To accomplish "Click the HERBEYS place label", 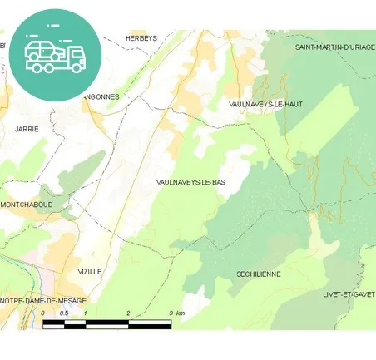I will coord(141,38).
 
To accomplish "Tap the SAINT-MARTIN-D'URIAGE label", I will coord(334,47).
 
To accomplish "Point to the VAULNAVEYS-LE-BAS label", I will coord(190,181).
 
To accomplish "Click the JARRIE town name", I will coord(27,129).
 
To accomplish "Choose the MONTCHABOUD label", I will coord(27,205).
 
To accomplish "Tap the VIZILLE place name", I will coord(89,272).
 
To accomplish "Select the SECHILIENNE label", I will coord(258,274).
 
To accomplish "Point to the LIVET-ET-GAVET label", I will coord(349,294).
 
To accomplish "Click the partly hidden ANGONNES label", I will coord(104,96).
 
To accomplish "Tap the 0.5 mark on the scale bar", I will coord(64,313).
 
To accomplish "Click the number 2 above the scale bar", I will coord(128,313).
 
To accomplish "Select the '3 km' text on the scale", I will coord(176,313).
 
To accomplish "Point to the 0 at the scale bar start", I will coord(43,313).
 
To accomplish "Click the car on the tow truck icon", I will coord(41,50).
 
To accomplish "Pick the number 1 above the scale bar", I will coord(86,313).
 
